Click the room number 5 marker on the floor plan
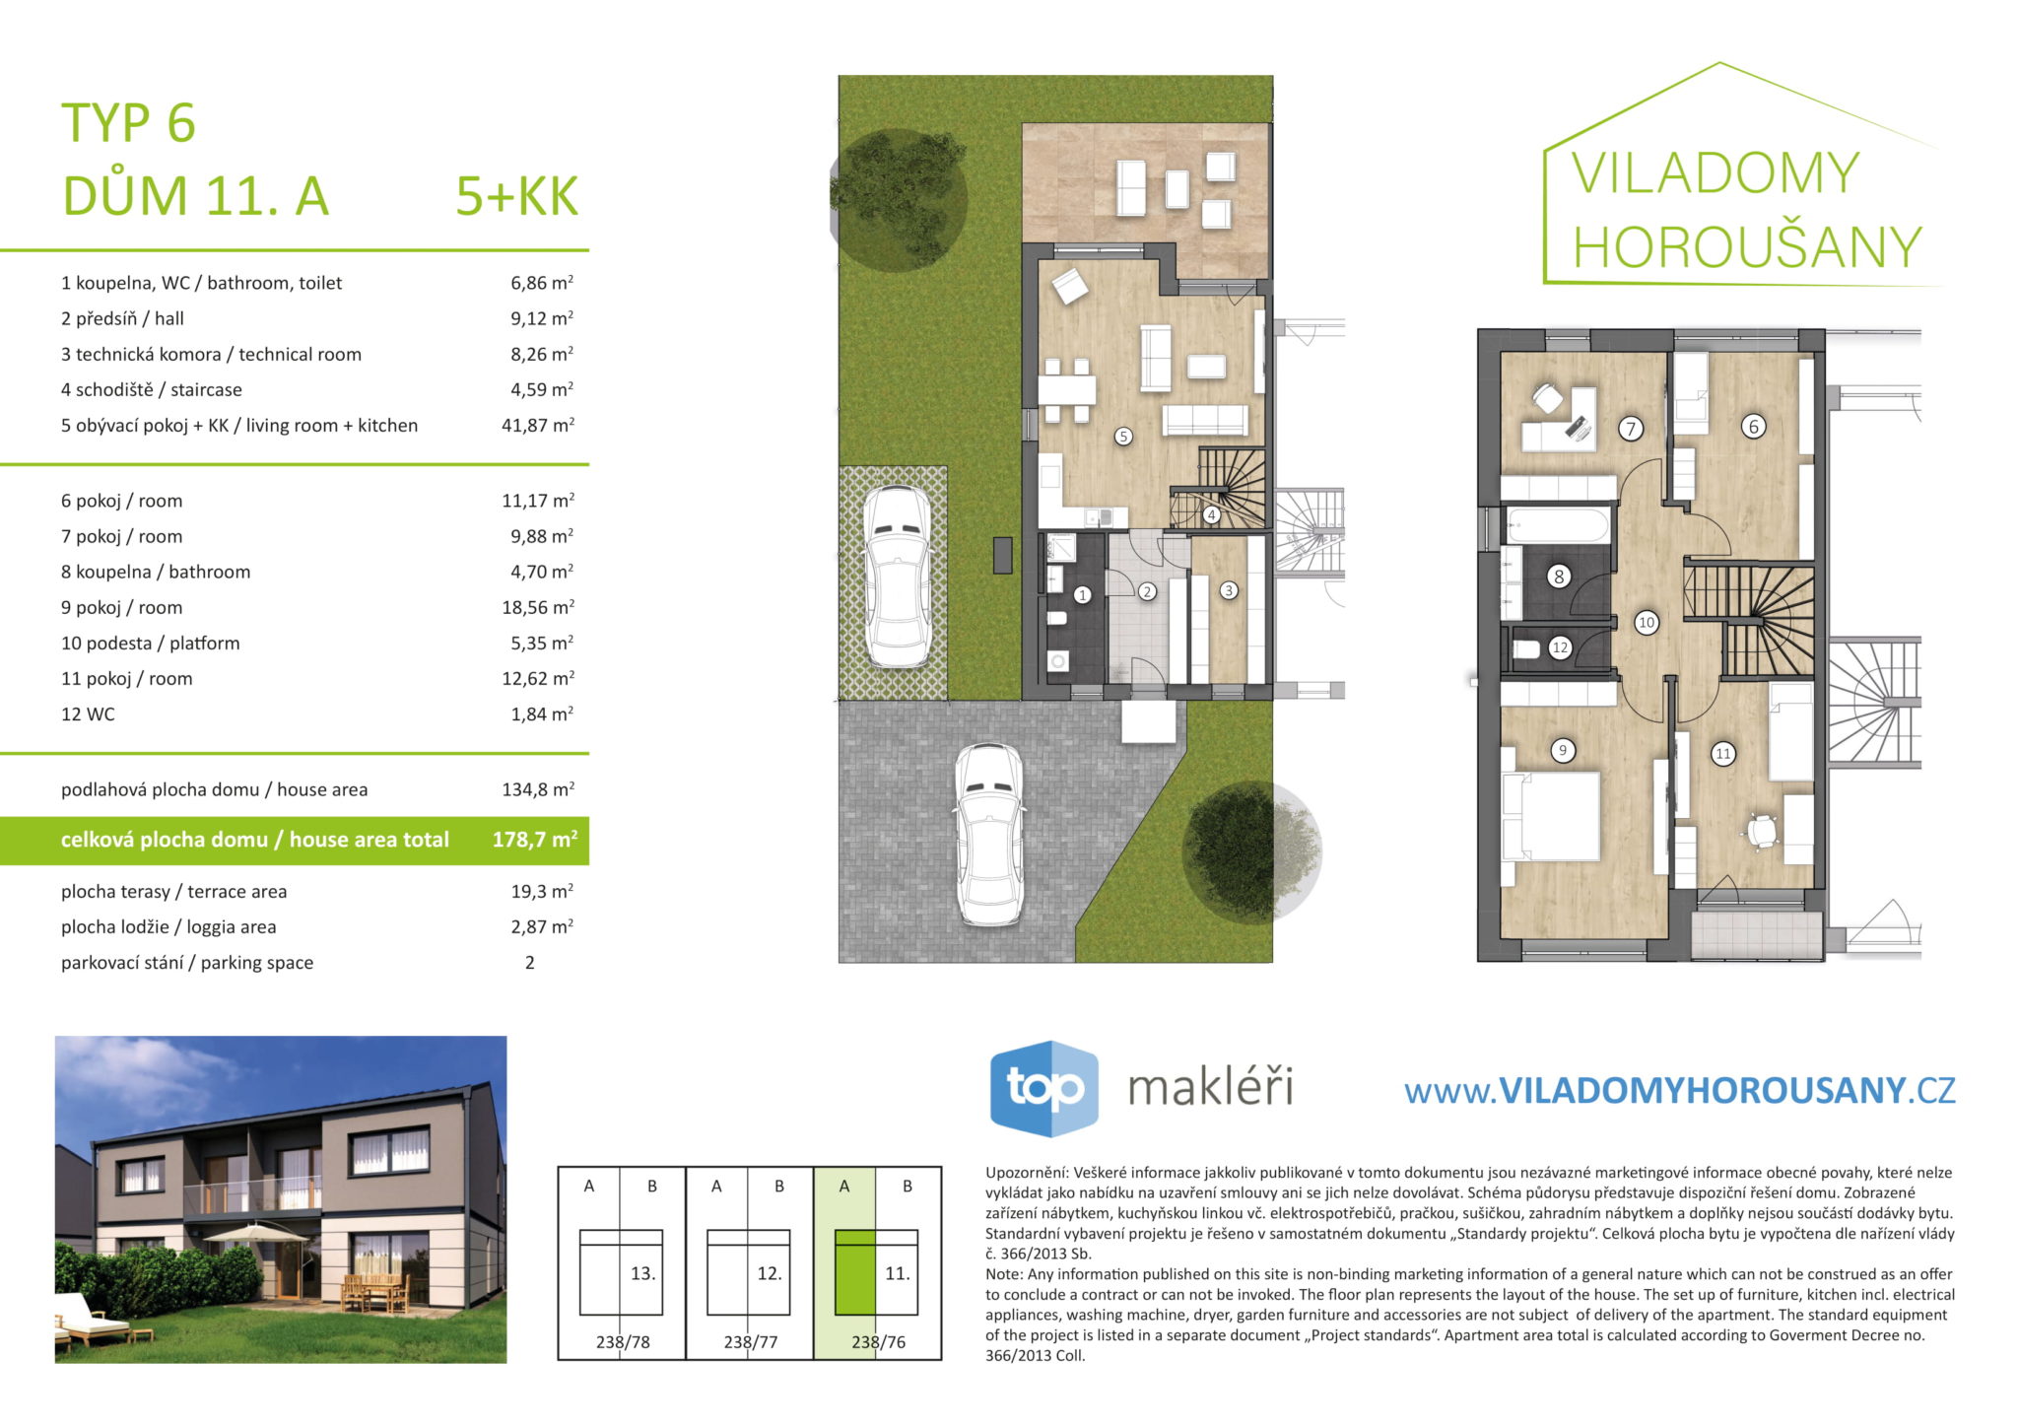click(1123, 437)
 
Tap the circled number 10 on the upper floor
click(1646, 623)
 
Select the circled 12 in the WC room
click(1560, 648)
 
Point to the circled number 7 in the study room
click(1631, 429)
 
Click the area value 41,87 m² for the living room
click(537, 426)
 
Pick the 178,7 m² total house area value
click(534, 840)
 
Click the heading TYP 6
click(129, 123)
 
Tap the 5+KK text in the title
click(516, 196)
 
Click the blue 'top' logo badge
click(1044, 1088)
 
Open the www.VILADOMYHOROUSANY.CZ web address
click(1679, 1090)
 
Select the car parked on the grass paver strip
click(897, 577)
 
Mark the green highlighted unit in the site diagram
click(855, 1272)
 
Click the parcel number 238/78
click(623, 1342)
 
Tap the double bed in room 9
click(1551, 815)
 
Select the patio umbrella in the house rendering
click(256, 1232)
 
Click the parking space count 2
click(530, 963)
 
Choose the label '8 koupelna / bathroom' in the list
click(156, 572)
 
